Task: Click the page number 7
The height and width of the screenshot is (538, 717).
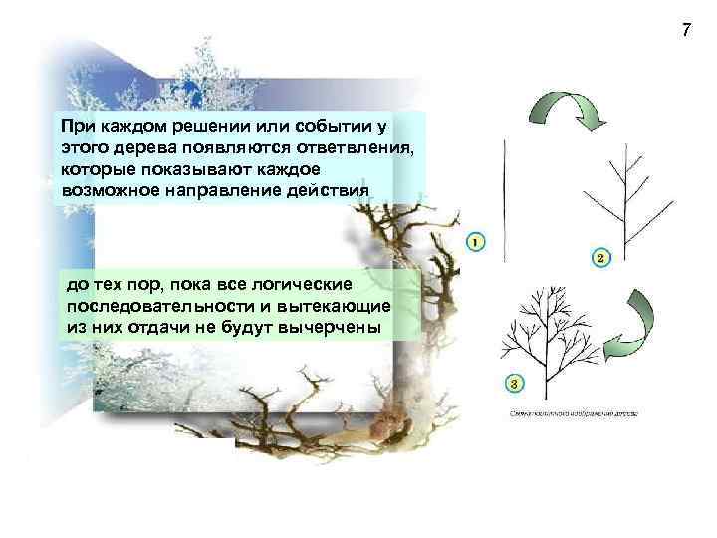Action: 686,30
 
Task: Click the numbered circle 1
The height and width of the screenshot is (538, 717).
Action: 475,241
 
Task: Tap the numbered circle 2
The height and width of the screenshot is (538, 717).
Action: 600,258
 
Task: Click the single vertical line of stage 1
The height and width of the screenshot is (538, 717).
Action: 506,193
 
